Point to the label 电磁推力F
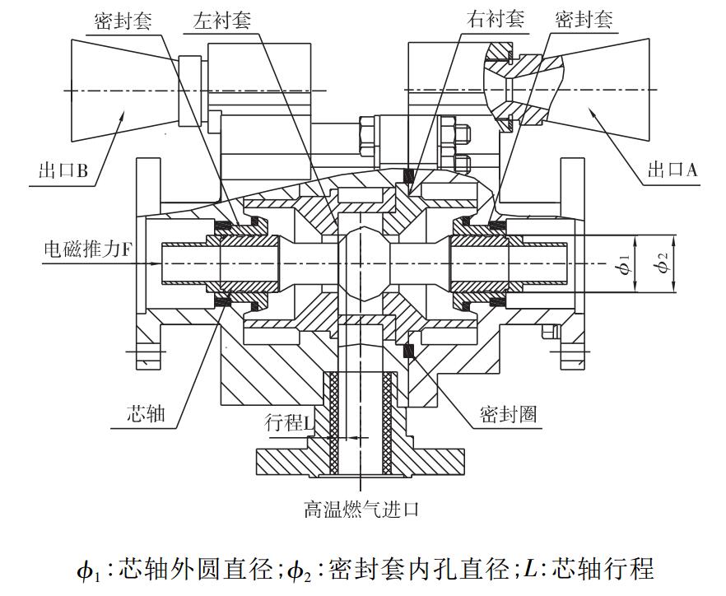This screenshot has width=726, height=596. pos(86,249)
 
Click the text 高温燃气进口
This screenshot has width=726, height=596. pos(362,510)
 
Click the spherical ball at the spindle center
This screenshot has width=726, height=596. pos(362,263)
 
